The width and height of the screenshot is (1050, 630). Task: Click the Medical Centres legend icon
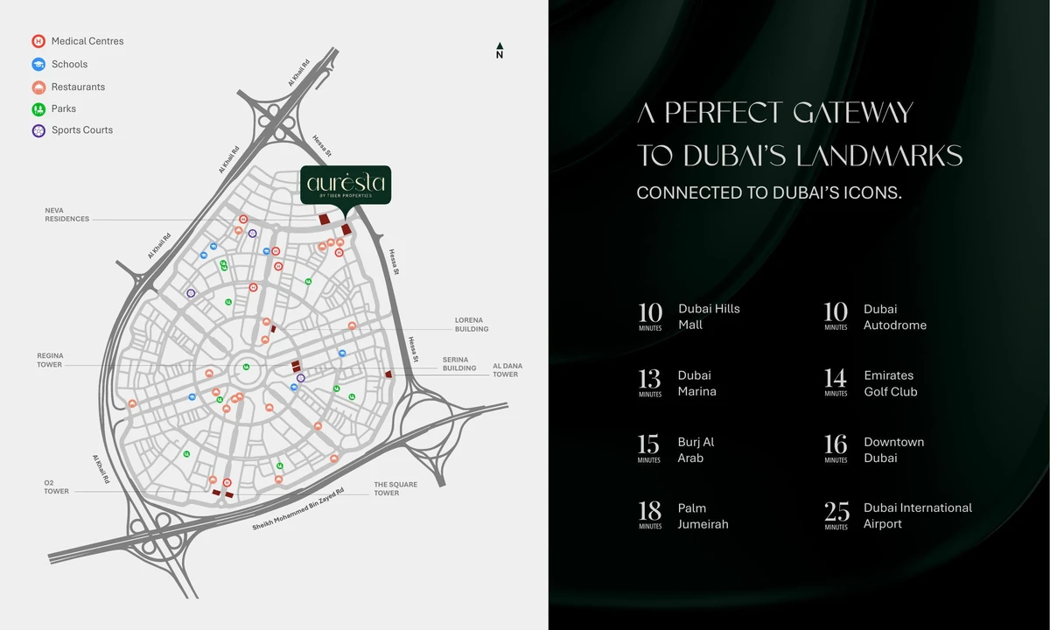38,41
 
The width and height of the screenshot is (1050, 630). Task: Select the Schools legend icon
38,64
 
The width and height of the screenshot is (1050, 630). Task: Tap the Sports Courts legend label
82,130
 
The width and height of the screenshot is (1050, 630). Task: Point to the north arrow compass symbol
500,51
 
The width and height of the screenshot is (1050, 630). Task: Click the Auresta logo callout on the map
346,185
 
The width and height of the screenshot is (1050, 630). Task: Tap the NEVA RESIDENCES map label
67,214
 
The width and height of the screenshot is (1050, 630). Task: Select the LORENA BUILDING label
472,325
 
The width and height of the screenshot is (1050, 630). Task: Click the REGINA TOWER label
50,360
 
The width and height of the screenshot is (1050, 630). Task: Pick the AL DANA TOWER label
506,370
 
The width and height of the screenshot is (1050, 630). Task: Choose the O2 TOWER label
56,486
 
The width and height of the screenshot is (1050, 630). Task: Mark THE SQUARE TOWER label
395,488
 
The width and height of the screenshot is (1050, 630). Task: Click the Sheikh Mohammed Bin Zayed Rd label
298,510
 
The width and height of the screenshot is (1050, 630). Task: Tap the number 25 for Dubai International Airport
836,511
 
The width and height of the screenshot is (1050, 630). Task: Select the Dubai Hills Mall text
709,317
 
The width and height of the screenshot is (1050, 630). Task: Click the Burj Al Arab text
696,450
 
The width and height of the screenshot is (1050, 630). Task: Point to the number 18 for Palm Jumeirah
650,511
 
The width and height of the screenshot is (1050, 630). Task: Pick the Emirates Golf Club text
891,383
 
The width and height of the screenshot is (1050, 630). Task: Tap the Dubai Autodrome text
895,317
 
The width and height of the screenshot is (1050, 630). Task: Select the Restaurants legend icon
38,87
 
